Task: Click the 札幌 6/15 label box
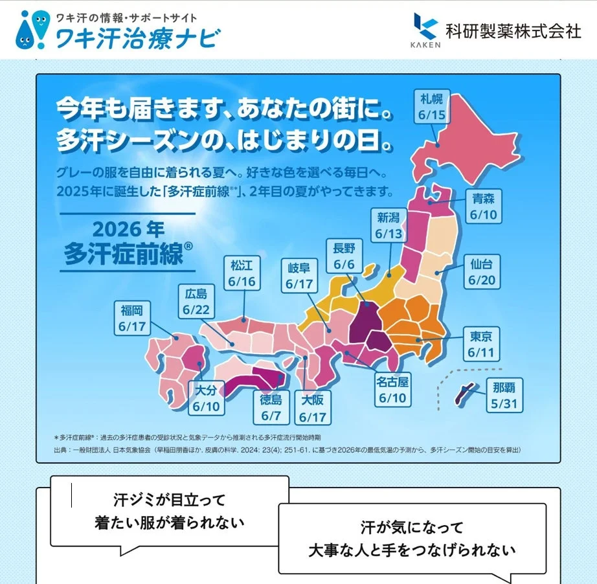(x=431, y=107)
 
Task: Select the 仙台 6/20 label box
(x=482, y=273)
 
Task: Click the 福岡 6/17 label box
(x=132, y=318)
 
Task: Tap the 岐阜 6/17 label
(x=298, y=275)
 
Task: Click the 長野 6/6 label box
(x=344, y=256)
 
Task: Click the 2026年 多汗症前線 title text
(x=128, y=242)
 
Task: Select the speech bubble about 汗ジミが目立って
(x=170, y=511)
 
